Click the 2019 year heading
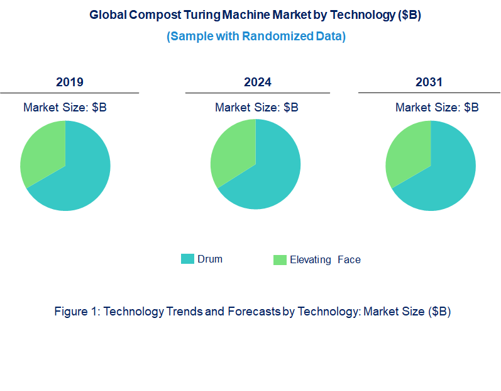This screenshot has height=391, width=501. pos(69,82)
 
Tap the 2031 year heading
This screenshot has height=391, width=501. pos(429,82)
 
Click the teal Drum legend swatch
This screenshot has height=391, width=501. pos(187,259)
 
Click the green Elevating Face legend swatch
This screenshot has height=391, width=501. pos(280,259)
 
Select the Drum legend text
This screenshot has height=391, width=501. pos(210,259)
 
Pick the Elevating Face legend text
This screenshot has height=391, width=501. pos(325,259)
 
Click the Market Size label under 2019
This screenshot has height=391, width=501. pos(65,108)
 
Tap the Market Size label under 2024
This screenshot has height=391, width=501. pos(256,108)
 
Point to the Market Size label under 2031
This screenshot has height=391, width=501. pos(437,108)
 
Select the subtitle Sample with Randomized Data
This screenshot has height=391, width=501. pos(256,36)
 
